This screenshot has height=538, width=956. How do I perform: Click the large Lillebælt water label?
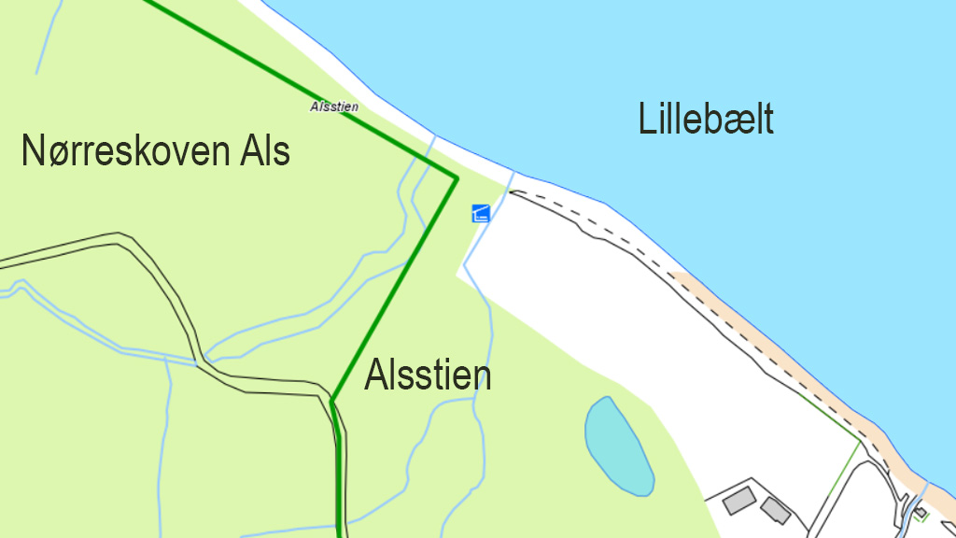[x=706, y=120]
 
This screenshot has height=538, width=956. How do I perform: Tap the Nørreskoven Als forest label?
[x=155, y=151]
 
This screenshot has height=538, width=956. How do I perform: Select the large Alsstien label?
[x=428, y=375]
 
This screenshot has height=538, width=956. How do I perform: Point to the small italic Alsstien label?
[x=334, y=107]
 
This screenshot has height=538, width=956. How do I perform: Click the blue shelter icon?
[x=481, y=213]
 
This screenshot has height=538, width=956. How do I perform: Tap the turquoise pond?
[x=617, y=446]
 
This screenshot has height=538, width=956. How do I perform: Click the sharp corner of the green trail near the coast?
[x=456, y=177]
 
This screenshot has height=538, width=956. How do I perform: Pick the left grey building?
[x=738, y=500]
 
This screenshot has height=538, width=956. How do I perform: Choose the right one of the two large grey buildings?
[x=775, y=510]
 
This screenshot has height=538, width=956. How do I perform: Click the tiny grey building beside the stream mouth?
[x=921, y=512]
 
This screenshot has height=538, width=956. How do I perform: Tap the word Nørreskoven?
[x=127, y=151]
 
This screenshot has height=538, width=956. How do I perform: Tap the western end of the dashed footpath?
[x=512, y=191]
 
